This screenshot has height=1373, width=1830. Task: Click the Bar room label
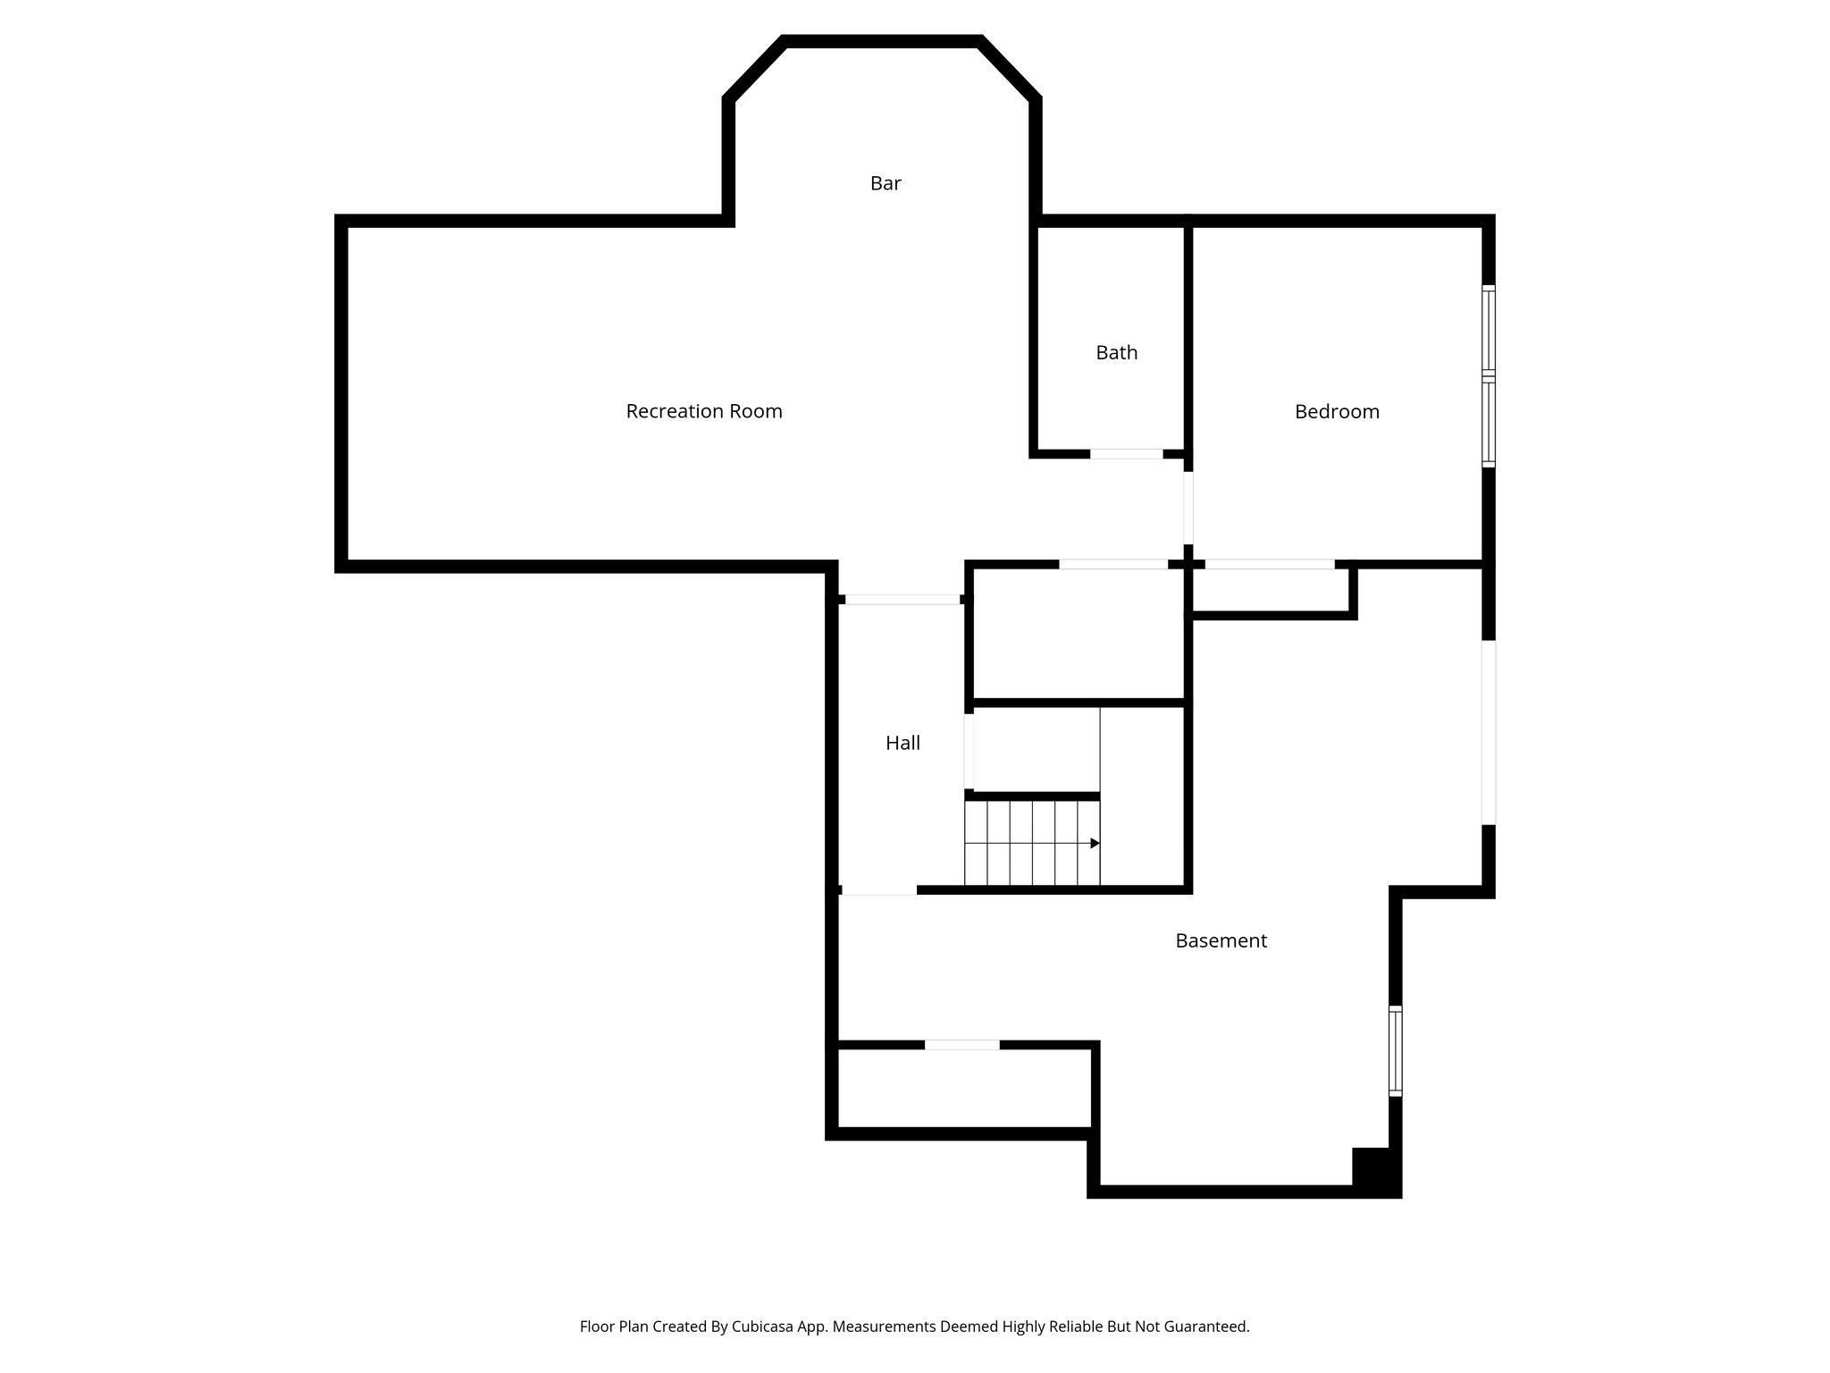click(886, 183)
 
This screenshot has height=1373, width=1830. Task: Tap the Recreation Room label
click(704, 411)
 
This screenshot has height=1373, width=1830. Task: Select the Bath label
click(1117, 353)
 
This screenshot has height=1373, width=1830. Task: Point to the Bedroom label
click(1337, 412)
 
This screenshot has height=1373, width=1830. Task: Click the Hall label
click(902, 743)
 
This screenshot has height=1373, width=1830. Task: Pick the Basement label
click(1221, 940)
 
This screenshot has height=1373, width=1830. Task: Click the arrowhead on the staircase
click(1095, 843)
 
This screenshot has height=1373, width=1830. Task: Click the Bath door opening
click(1126, 454)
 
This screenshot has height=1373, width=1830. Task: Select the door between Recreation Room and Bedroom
click(1188, 508)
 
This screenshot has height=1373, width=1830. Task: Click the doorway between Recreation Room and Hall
click(902, 600)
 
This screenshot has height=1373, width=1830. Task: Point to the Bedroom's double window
click(1489, 376)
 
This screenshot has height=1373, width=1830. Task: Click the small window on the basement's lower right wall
click(1395, 1050)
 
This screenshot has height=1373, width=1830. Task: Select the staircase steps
click(1032, 843)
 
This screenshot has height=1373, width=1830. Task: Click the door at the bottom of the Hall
click(879, 890)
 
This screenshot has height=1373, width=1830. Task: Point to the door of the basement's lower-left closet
click(961, 1045)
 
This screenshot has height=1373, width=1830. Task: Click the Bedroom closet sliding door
click(1269, 564)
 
